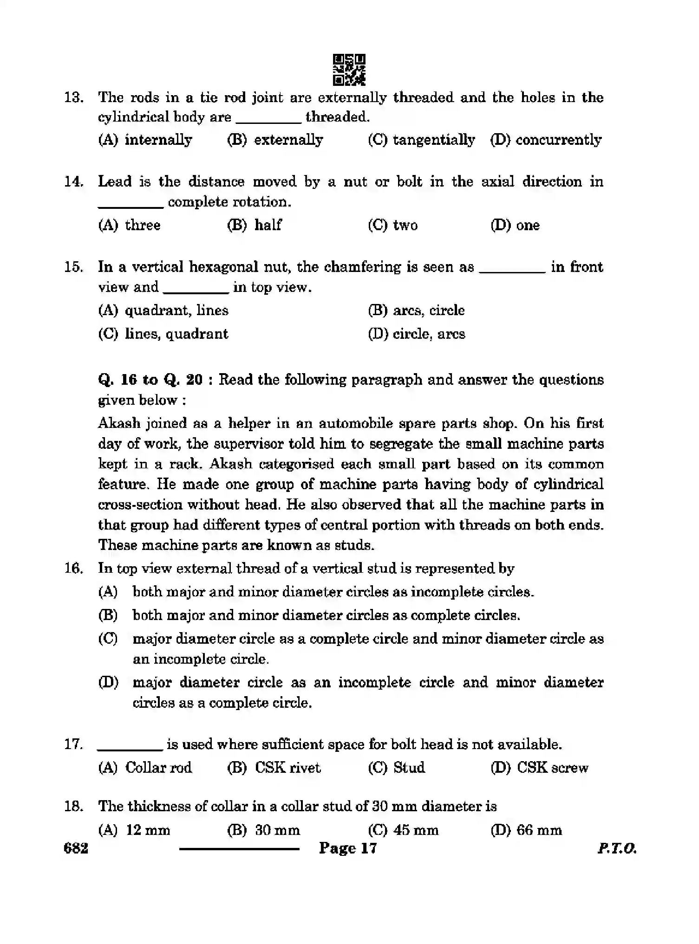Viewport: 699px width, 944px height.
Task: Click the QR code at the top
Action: tap(349, 70)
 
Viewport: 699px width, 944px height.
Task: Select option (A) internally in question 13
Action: tap(145, 140)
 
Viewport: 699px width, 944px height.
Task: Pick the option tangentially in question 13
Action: tap(421, 140)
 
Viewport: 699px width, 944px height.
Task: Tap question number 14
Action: tap(73, 181)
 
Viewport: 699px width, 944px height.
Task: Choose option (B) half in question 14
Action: tap(254, 225)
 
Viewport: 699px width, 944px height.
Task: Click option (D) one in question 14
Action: tap(515, 225)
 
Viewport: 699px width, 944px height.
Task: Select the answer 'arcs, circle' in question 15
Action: tap(416, 310)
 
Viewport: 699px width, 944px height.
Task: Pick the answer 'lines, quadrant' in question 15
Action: tap(163, 334)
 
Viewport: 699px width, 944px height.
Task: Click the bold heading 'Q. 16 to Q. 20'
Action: tap(150, 380)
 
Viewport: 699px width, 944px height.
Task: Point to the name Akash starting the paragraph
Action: tap(119, 423)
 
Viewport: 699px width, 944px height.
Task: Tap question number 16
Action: tap(73, 569)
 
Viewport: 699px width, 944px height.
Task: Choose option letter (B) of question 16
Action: tap(108, 615)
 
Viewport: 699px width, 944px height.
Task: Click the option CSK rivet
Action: tap(274, 767)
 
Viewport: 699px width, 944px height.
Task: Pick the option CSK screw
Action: tap(540, 767)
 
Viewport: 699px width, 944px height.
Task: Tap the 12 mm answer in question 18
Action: tap(134, 830)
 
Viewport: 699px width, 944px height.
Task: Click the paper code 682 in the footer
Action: tap(76, 848)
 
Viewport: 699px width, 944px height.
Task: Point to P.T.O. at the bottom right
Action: tap(616, 848)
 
